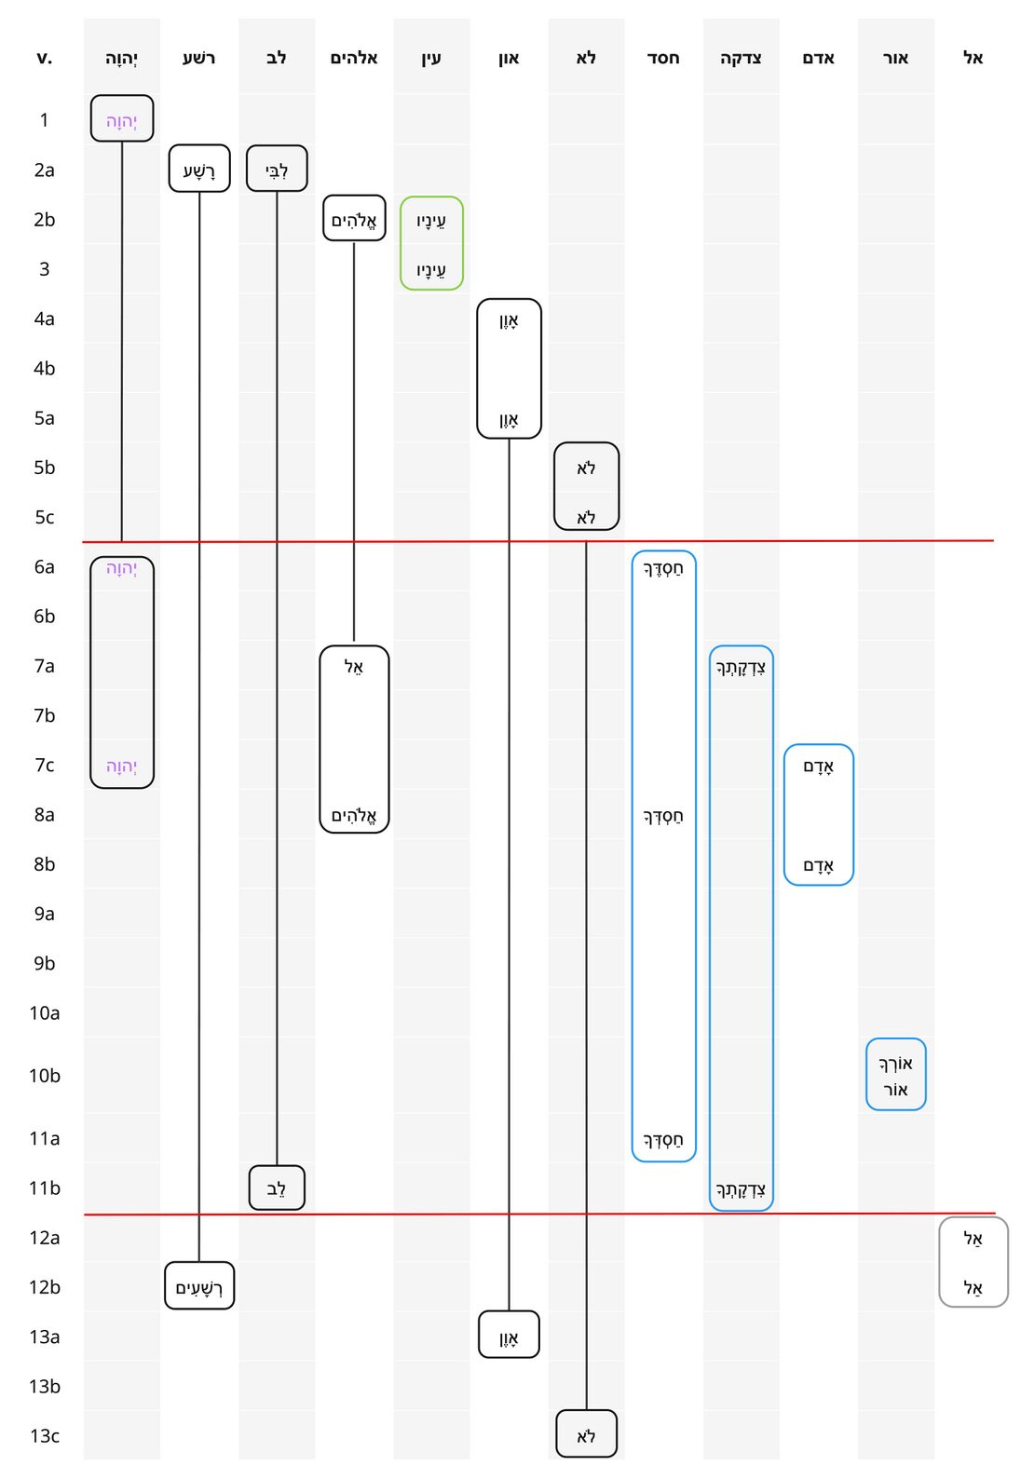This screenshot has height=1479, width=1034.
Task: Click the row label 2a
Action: point(44,170)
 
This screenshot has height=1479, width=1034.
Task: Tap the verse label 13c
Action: point(44,1435)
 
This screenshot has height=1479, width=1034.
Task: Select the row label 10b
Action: point(44,1076)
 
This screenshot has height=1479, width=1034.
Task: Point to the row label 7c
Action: point(44,765)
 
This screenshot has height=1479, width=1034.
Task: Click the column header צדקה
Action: point(741,58)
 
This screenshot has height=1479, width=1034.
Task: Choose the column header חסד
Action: point(663,58)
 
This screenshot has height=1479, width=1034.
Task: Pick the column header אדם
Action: point(818,58)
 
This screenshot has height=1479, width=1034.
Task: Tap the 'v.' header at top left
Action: point(44,58)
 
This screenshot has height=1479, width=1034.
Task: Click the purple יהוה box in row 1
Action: point(122,119)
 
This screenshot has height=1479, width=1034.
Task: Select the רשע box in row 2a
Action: point(199,169)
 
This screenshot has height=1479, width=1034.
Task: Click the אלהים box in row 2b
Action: point(354,218)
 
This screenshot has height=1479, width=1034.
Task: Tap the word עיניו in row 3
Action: point(431,270)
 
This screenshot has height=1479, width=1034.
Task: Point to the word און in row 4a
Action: point(509,320)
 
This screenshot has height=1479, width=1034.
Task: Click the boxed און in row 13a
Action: point(509,1336)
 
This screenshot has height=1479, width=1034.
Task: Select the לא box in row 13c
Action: point(586,1434)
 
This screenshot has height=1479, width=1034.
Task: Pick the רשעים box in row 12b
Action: point(199,1286)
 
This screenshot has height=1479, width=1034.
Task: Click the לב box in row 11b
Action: point(277,1187)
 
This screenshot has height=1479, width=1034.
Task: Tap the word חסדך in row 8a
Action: point(663,816)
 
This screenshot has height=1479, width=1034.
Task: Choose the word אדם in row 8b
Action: point(818,865)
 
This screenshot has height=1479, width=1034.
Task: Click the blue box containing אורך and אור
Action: point(895,1075)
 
